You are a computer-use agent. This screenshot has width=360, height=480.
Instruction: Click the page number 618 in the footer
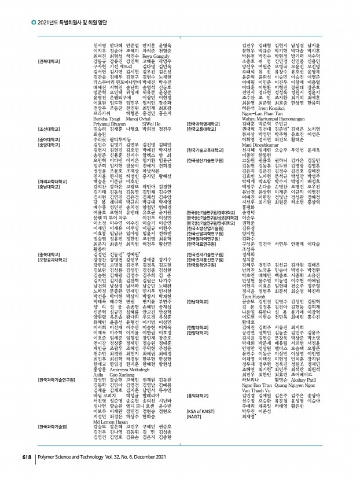point(27,457)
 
